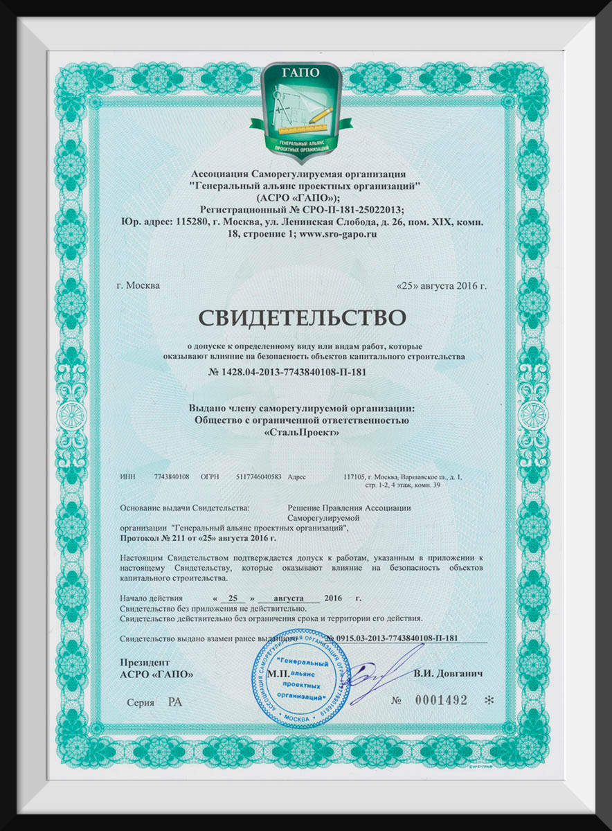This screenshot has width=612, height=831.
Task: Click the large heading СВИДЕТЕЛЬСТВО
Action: [x=301, y=317]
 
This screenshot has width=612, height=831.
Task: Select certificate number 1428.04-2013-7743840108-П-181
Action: [x=287, y=372]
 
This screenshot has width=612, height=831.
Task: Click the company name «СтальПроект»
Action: [x=303, y=431]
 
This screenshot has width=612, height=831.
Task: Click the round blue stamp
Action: [x=300, y=678]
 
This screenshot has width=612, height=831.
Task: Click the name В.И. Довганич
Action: [x=447, y=673]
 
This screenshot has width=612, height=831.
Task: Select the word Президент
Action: [x=144, y=661]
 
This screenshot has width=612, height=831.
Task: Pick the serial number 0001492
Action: [x=441, y=700]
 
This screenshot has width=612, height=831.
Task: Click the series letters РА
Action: [x=174, y=702]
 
